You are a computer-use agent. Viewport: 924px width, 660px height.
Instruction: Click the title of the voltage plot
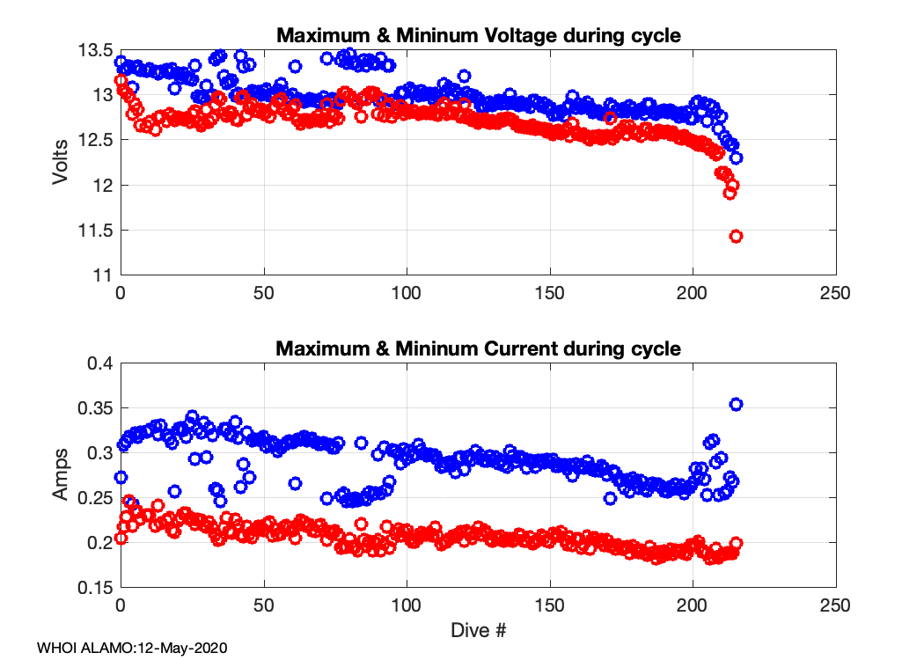[x=479, y=36]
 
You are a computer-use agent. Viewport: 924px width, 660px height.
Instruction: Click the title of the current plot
[x=479, y=348]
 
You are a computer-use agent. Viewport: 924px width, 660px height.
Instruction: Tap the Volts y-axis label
[x=60, y=162]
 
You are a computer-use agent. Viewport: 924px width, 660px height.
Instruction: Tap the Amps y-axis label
[x=60, y=476]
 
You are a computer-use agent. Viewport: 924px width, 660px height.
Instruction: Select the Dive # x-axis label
[x=479, y=630]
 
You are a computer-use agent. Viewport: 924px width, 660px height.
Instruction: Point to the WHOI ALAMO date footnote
[x=132, y=648]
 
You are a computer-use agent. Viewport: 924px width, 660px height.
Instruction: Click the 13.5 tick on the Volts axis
[x=94, y=48]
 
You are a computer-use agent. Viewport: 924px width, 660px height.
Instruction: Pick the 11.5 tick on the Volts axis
[x=94, y=231]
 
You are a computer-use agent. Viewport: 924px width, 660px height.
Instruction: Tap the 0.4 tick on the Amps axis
[x=99, y=363]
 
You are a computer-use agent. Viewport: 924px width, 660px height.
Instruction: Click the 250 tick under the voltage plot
[x=835, y=291]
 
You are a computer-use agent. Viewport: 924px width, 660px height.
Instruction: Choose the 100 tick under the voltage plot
[x=407, y=291]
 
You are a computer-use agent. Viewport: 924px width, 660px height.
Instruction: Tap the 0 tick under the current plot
[x=121, y=605]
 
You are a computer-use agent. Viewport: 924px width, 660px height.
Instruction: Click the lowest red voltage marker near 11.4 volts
[x=737, y=236]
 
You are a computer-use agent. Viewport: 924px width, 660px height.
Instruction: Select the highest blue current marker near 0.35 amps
[x=737, y=404]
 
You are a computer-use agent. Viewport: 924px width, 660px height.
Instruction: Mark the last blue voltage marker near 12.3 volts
[x=737, y=158]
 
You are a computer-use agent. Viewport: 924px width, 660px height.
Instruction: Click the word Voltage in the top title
[x=518, y=36]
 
